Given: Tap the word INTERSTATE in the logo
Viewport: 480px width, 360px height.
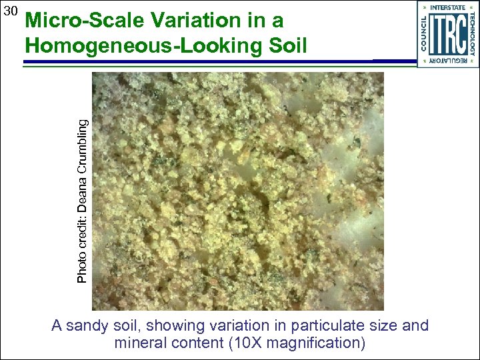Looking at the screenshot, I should coord(448,7).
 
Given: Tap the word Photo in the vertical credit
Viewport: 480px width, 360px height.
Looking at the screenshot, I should coord(82,265).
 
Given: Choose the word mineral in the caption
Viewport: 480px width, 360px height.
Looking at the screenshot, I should coord(140,343).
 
